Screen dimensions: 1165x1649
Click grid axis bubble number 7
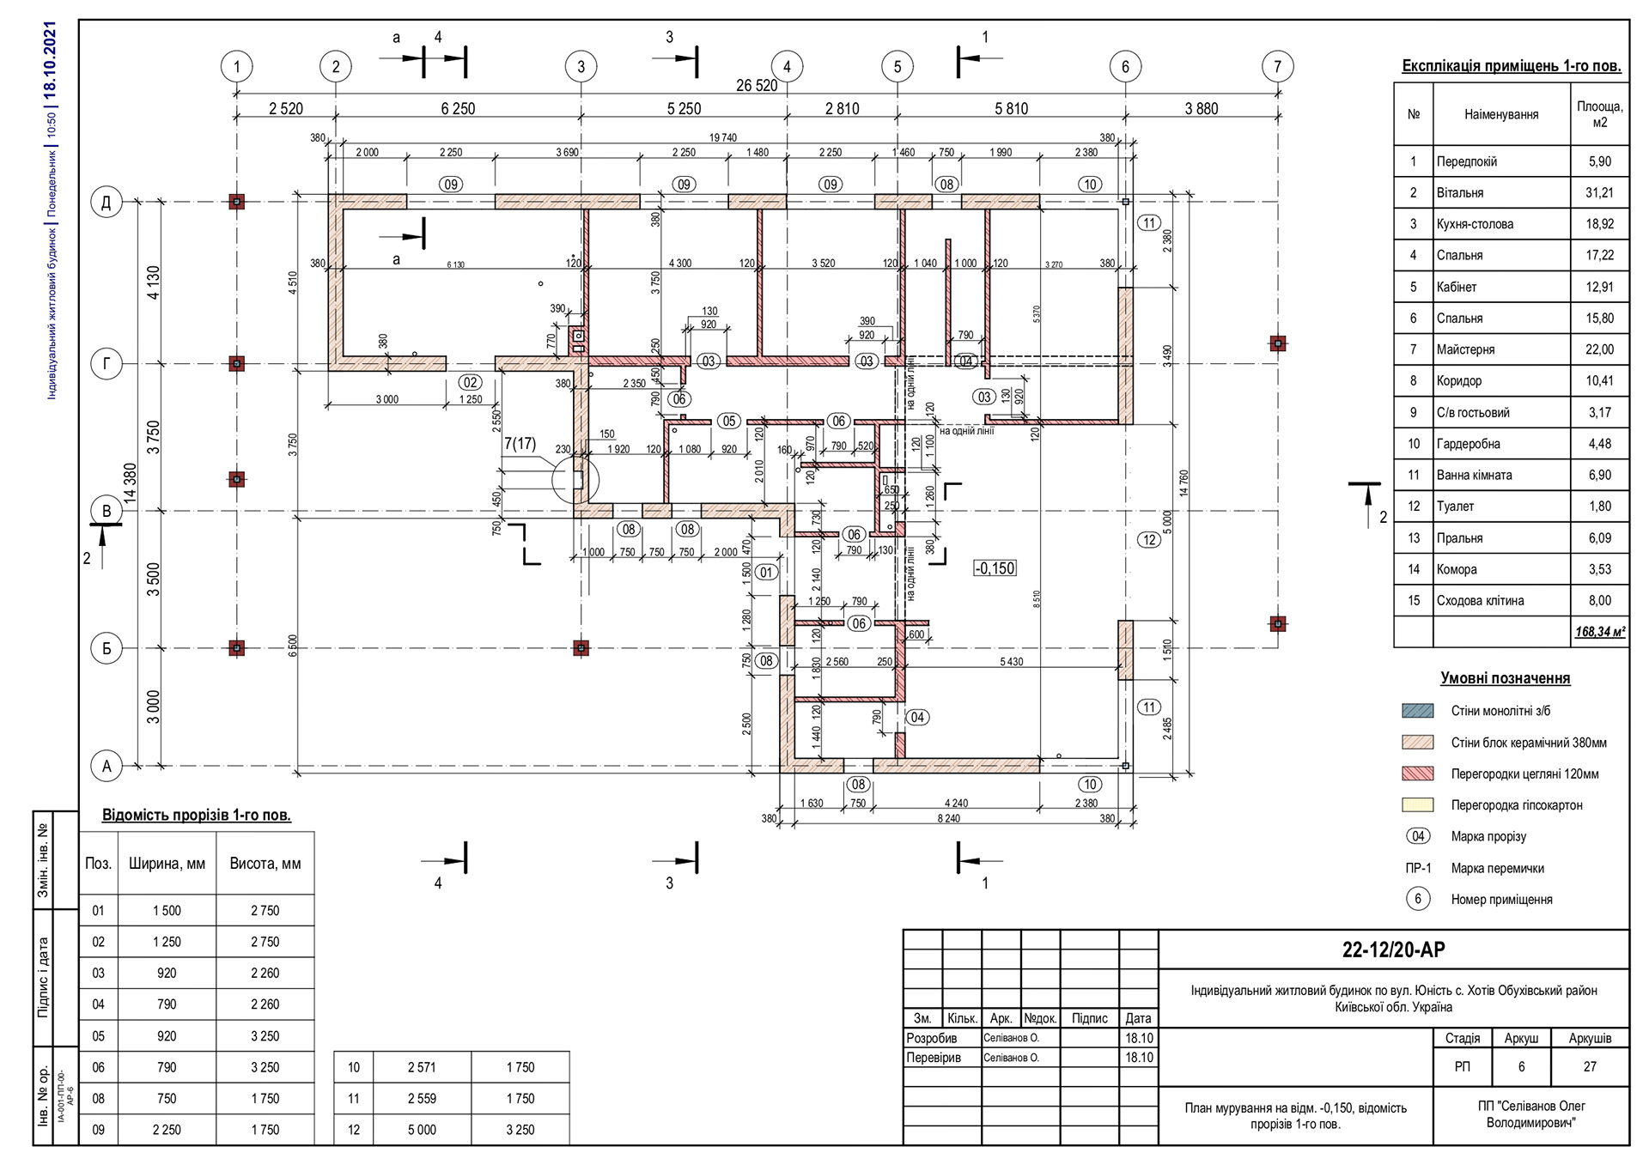pos(1277,66)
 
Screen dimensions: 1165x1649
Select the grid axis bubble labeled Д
pos(106,203)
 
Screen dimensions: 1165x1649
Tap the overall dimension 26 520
pos(756,85)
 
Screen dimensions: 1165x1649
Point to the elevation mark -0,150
pos(995,568)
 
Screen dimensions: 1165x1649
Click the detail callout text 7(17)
pos(520,444)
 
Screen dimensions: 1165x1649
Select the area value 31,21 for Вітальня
pos(1598,193)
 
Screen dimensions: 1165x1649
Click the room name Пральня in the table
pos(1459,538)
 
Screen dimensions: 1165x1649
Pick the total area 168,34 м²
pos(1599,632)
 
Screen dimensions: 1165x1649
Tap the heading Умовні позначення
pos(1505,678)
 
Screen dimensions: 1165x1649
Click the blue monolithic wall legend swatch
pos(1417,711)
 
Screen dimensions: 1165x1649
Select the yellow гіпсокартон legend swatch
pos(1417,805)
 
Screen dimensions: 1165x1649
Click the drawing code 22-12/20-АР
pos(1393,950)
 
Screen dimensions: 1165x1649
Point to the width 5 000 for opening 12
pos(422,1130)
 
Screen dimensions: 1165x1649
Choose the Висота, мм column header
pos(265,864)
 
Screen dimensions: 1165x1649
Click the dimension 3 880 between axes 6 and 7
pos(1201,109)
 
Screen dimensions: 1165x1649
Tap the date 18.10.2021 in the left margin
pos(50,58)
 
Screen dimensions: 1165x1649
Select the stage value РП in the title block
pos(1462,1067)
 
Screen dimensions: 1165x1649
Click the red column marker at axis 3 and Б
pos(581,648)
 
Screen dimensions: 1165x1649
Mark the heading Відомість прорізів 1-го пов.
pos(196,815)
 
